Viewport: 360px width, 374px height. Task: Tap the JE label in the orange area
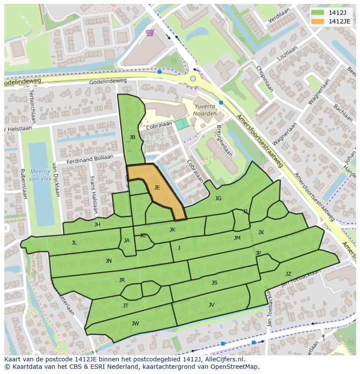pos(157,188)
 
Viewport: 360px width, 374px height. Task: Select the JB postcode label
pos(132,137)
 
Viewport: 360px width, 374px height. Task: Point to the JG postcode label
pos(218,199)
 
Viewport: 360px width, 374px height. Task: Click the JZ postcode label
pos(288,274)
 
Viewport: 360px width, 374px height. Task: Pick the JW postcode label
pos(135,323)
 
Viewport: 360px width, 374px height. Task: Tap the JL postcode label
pos(74,243)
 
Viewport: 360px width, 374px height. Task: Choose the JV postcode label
pos(211,305)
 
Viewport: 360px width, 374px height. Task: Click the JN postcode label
pos(108,261)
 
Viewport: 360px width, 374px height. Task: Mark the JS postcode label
pos(214,283)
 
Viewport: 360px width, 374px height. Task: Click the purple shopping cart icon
pos(150,33)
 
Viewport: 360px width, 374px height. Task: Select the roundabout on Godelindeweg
pos(193,79)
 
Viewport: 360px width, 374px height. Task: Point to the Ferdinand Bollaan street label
pos(90,159)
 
